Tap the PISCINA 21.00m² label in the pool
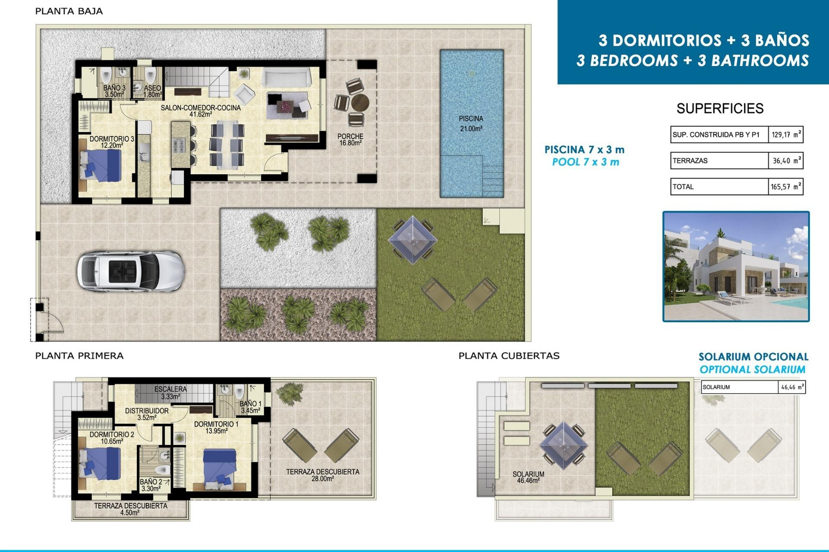click(x=471, y=123)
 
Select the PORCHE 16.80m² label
click(x=350, y=139)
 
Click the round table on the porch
click(x=360, y=103)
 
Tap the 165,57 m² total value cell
click(x=785, y=187)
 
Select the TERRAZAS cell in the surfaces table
click(x=719, y=160)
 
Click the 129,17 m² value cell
click(x=785, y=135)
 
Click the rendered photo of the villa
click(x=736, y=267)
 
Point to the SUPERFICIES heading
click(x=720, y=108)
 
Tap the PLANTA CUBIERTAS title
click(x=509, y=356)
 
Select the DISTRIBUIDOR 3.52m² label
click(x=147, y=414)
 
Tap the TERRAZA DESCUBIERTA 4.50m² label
click(x=130, y=509)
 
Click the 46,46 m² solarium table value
click(x=792, y=387)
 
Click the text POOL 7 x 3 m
click(x=585, y=162)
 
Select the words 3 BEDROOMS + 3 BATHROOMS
click(x=692, y=60)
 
